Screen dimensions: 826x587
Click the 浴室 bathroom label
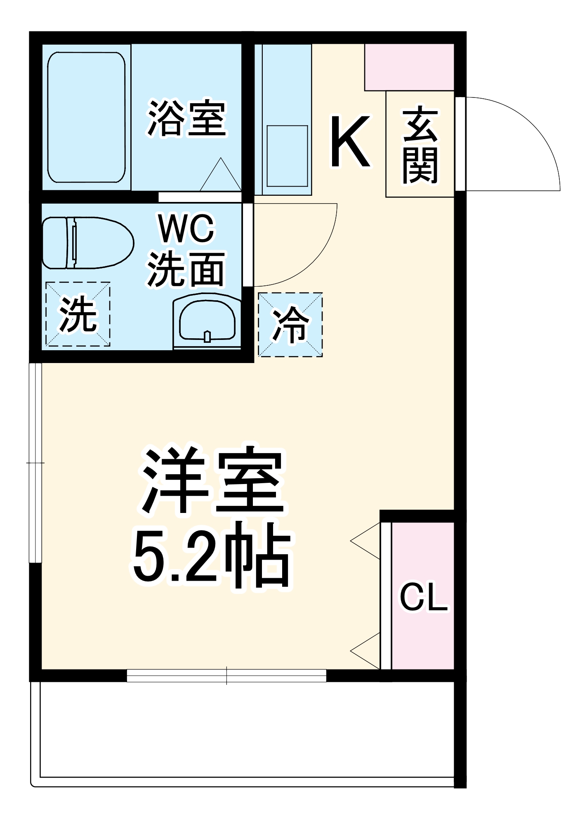click(187, 119)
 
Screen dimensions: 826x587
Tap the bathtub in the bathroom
click(86, 117)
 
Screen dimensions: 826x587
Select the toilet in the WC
click(88, 243)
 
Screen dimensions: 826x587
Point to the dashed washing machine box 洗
click(78, 314)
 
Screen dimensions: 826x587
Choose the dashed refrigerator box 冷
click(290, 325)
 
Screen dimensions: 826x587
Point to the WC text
click(186, 228)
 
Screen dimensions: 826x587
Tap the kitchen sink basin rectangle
click(287, 156)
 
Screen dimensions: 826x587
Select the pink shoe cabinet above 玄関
click(409, 67)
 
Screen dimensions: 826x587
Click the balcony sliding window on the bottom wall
click(226, 676)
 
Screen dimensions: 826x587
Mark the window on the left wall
click(35, 463)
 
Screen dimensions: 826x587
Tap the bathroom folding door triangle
click(221, 176)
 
